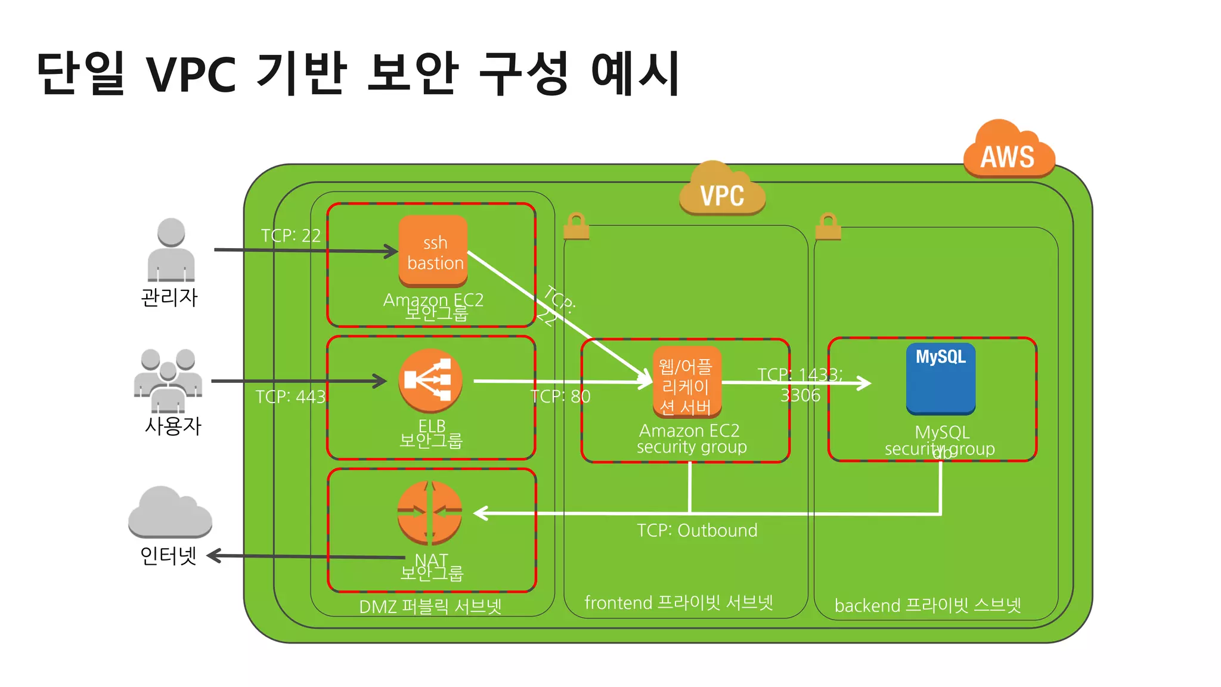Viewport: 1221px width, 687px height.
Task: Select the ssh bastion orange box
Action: (x=433, y=252)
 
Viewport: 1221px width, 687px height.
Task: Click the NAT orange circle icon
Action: (x=430, y=512)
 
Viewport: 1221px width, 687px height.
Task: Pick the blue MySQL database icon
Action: (x=941, y=379)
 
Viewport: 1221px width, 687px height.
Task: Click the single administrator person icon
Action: (x=171, y=250)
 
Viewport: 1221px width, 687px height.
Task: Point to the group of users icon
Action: (x=168, y=380)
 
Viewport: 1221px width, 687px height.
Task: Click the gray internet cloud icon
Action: (x=170, y=512)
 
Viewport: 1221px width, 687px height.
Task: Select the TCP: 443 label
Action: (x=290, y=397)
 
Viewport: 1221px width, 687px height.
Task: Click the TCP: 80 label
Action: (x=560, y=396)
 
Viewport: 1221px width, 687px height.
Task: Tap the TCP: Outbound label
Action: (x=697, y=530)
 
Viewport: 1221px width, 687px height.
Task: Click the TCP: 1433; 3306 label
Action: (x=800, y=385)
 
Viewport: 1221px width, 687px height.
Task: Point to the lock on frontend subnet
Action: (x=576, y=227)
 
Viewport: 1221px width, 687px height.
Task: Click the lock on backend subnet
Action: (x=828, y=227)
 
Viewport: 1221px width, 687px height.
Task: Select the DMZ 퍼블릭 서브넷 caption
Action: (x=430, y=606)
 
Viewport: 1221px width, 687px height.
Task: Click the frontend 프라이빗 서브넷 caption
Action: (x=678, y=602)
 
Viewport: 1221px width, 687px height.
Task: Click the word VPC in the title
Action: (x=191, y=75)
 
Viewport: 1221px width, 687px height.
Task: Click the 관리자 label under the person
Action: (x=169, y=297)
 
